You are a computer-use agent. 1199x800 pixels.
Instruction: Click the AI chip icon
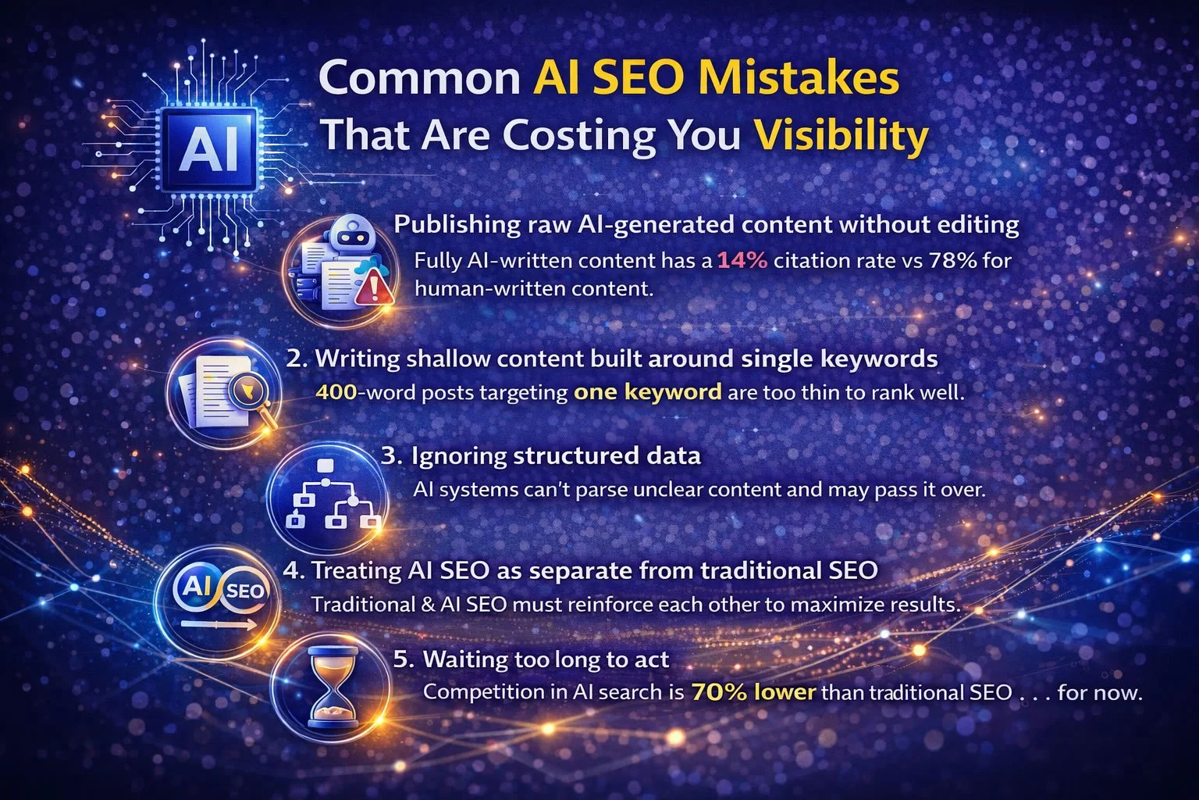coord(208,148)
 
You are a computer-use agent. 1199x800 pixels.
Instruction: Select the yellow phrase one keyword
coord(647,391)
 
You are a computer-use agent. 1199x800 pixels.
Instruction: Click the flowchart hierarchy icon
coord(333,496)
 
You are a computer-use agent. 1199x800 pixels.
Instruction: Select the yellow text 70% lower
coord(753,692)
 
